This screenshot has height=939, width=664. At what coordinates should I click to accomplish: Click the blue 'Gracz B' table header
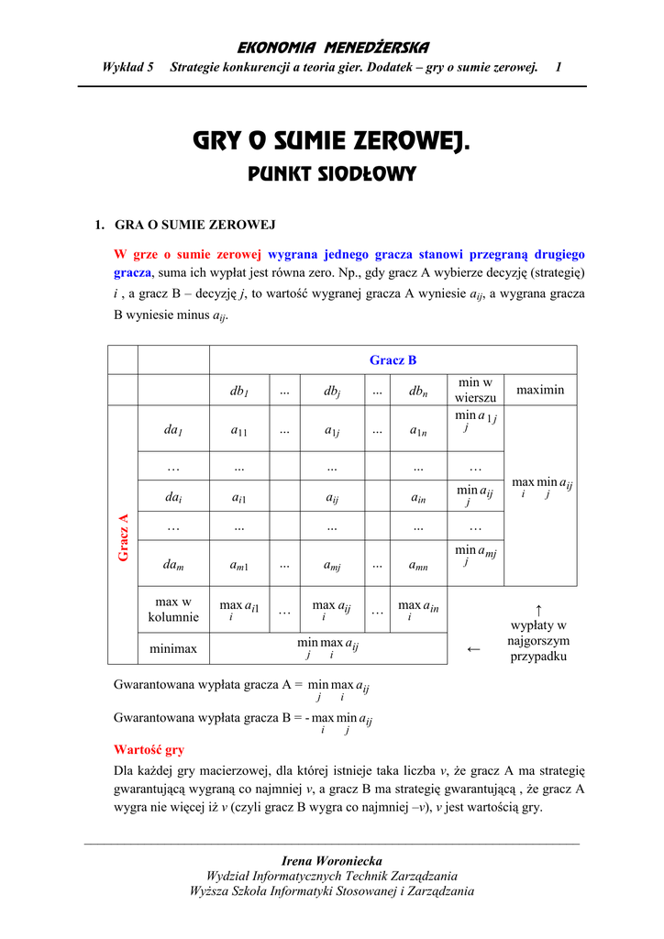393,360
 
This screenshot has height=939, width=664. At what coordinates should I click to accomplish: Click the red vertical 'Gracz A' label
123,537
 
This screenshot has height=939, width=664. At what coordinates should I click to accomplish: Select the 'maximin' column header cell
540,391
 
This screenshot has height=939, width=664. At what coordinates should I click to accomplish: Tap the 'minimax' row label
173,648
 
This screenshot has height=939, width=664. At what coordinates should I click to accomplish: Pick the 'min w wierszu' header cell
475,390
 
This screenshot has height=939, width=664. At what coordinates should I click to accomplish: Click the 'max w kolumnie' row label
173,610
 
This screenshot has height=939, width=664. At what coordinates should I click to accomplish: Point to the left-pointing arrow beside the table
473,649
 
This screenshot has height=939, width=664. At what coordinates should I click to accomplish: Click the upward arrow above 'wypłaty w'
538,609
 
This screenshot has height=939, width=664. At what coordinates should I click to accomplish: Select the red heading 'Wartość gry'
149,749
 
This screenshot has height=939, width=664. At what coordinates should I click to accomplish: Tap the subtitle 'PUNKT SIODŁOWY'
332,173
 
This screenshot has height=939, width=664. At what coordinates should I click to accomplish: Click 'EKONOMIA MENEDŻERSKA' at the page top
333,48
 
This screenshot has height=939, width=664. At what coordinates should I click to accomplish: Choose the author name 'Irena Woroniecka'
332,860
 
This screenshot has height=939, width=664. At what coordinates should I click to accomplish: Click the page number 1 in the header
559,68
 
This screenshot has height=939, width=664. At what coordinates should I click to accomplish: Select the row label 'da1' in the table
173,429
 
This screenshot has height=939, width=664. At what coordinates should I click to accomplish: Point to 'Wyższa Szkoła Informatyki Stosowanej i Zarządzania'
332,890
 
